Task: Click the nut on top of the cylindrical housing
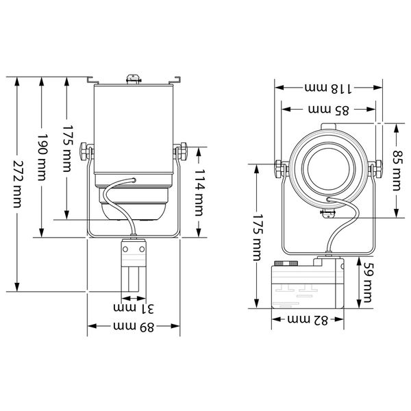click(132, 79)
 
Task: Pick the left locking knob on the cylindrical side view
click(85, 149)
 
